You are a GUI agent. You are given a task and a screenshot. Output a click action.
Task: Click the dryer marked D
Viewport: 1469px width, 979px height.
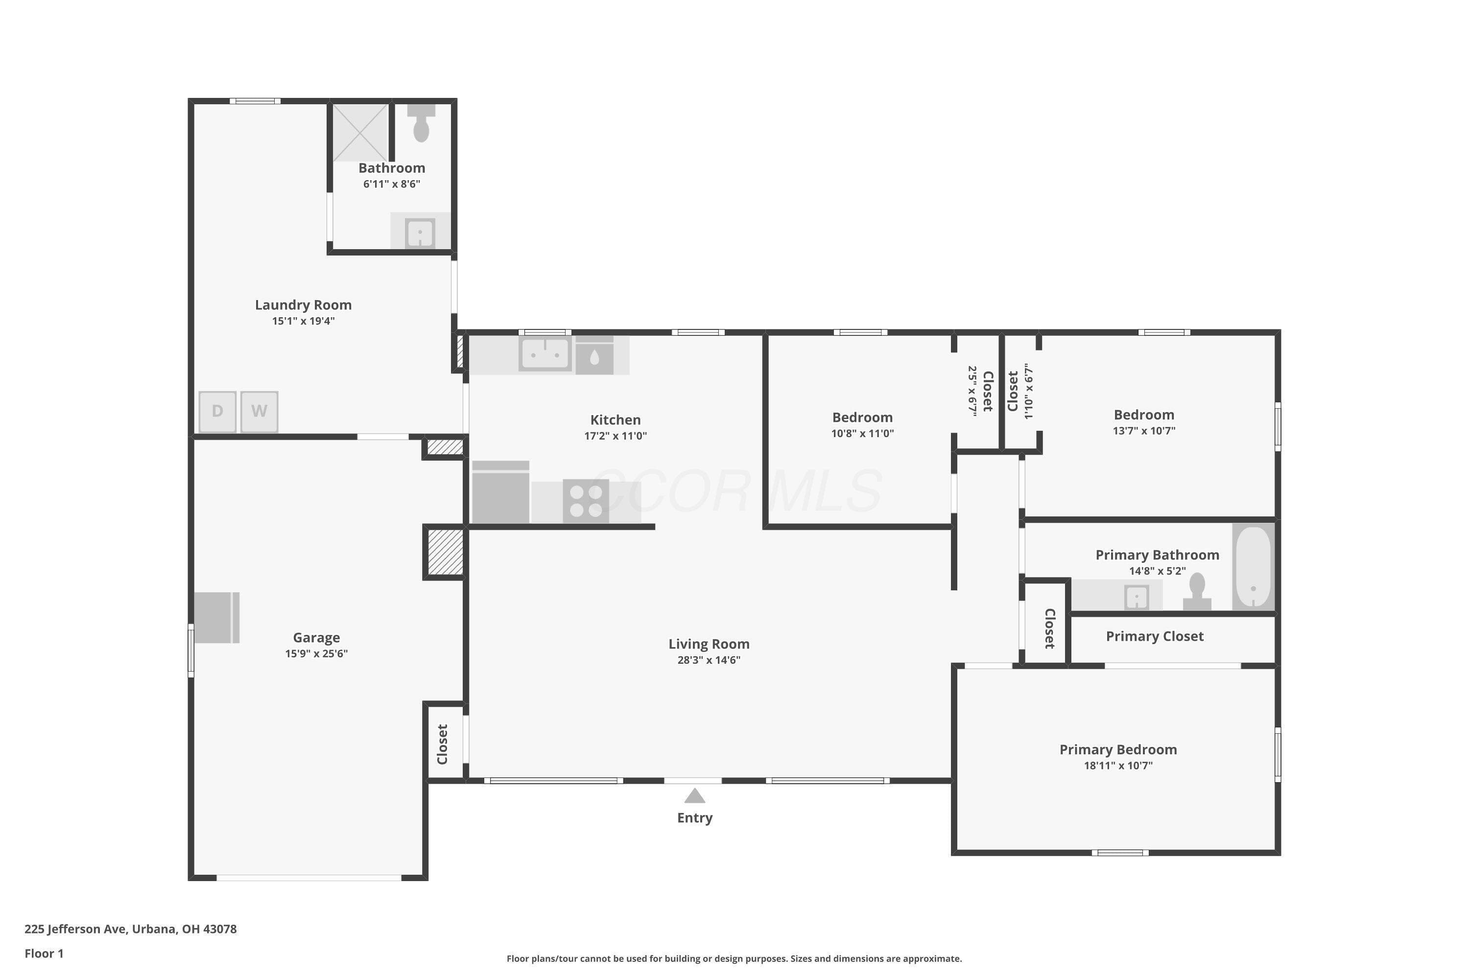(217, 412)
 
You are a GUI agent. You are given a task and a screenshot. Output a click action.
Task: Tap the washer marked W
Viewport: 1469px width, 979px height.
(259, 412)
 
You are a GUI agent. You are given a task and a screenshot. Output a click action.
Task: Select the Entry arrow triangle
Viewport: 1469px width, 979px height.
(694, 795)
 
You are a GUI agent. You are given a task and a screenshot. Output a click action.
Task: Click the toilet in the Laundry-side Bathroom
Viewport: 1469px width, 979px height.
(422, 123)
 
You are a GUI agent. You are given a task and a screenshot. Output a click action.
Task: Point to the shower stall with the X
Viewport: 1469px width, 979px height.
(360, 132)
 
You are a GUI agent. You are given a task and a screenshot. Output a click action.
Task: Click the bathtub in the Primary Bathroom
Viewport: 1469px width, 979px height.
(1254, 566)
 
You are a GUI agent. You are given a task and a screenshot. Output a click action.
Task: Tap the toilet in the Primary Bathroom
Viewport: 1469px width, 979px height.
(1197, 591)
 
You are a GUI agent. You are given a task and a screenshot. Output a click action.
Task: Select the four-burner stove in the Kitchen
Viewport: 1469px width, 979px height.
(586, 501)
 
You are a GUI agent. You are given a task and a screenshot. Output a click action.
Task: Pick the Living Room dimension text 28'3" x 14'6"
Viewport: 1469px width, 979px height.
(709, 660)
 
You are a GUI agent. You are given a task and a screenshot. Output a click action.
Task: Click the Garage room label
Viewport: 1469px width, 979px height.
(317, 637)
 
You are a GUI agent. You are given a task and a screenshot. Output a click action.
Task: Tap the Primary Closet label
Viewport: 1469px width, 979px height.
(1155, 636)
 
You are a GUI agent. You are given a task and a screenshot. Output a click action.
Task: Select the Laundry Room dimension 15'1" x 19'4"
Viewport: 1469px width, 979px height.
(304, 321)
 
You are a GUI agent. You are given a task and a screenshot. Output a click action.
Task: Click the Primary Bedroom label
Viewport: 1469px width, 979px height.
(1118, 749)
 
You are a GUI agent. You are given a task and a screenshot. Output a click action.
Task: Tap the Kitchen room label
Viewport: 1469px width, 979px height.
(615, 420)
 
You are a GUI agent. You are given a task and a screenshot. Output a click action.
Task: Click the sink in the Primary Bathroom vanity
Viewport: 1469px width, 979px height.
(1137, 597)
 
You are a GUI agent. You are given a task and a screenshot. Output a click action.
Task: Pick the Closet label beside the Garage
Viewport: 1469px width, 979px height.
(442, 744)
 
